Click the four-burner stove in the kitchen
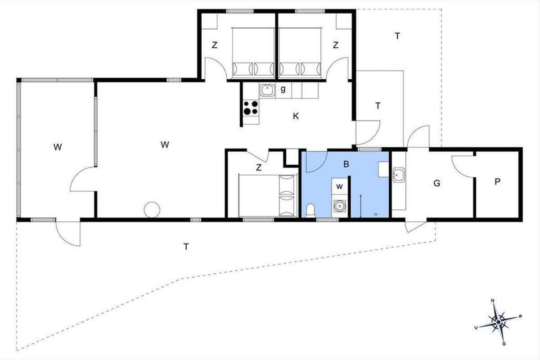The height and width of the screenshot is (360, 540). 251,108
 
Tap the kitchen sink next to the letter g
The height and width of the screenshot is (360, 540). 267,90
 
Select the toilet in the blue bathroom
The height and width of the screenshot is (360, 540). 310,210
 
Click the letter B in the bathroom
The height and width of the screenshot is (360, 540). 346,164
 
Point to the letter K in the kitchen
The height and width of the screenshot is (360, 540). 296,116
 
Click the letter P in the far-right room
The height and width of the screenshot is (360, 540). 497,181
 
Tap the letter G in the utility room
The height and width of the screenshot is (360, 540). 437,183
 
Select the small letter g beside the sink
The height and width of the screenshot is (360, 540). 283,89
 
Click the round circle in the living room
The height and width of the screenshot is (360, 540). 152,210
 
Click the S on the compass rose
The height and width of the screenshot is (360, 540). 504,344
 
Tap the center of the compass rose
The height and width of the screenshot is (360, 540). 498,322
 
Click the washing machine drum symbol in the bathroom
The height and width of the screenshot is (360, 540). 340,206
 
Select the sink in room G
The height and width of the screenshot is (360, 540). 399,175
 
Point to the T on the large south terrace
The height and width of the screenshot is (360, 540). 186,247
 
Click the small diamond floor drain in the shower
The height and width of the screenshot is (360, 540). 376,214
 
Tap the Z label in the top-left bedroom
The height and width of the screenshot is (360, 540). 214,45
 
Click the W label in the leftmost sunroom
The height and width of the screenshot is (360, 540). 58,147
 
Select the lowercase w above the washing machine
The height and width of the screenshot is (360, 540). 339,186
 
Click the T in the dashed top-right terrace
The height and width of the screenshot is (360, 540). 397,36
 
